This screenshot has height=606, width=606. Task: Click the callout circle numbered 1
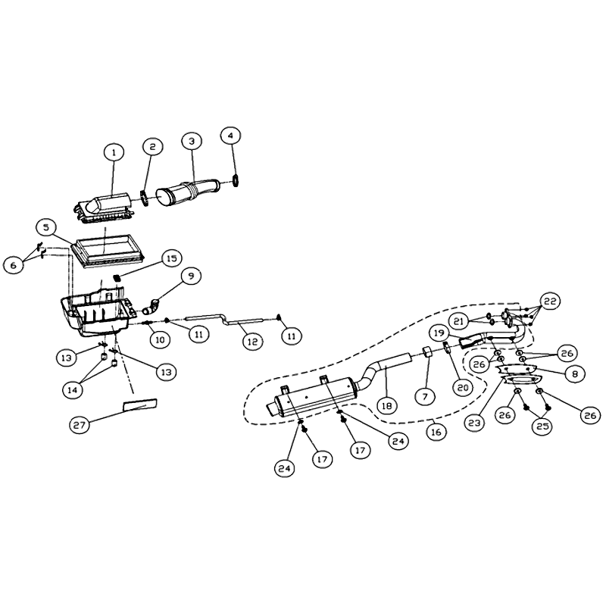click(x=114, y=153)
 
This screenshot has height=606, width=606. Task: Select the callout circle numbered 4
click(x=231, y=136)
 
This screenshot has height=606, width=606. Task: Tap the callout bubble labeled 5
click(x=46, y=228)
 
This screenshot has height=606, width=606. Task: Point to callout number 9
click(x=191, y=276)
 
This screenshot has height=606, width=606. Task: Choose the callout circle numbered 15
click(x=171, y=258)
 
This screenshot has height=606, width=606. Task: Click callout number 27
click(x=80, y=425)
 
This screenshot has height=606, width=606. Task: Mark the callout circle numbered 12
click(x=253, y=342)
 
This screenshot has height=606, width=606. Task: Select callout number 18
click(x=386, y=405)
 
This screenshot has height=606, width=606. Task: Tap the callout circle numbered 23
click(x=474, y=423)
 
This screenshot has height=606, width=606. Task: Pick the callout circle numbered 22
click(x=550, y=301)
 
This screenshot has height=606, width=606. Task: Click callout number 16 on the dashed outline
click(x=436, y=432)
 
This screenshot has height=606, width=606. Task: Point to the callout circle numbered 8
click(x=575, y=373)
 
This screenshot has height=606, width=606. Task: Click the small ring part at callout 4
click(x=236, y=180)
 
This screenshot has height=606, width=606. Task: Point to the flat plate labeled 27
click(x=140, y=405)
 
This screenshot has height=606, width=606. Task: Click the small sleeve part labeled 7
click(x=426, y=351)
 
